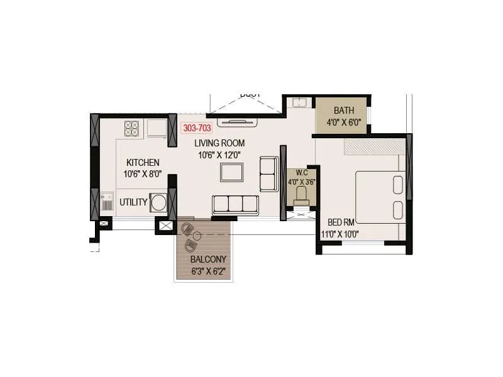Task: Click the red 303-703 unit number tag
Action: point(196,128)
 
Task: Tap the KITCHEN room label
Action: point(143,162)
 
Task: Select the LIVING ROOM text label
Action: point(219,143)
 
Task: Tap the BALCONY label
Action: point(208,259)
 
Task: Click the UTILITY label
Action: point(133,202)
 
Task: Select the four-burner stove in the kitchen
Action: point(132,128)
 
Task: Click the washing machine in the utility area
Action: point(158,202)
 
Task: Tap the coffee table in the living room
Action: point(231,172)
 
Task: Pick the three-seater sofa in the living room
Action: point(235,205)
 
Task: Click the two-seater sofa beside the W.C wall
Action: point(268,174)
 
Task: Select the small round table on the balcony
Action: point(197,236)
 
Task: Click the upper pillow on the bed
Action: point(398,184)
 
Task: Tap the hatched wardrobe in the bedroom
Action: point(374,146)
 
